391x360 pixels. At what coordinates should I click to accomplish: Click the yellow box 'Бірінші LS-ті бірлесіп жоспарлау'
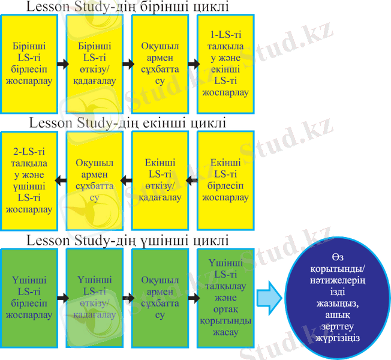[x=29, y=63]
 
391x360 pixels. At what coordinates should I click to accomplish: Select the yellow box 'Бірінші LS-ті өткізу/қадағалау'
[x=94, y=63]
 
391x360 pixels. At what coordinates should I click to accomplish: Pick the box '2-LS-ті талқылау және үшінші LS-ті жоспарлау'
[x=29, y=180]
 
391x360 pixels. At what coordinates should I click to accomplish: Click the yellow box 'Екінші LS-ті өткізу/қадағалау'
[x=160, y=180]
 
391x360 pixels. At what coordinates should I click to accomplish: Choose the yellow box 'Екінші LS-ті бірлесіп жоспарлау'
[x=225, y=180]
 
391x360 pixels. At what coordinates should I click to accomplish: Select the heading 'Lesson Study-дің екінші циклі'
[x=128, y=124]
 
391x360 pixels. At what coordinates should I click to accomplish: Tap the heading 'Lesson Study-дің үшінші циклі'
[x=128, y=241]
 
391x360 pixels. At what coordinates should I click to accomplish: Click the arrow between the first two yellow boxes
[x=61, y=63]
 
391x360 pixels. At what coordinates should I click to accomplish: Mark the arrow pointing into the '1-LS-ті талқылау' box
[x=193, y=63]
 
